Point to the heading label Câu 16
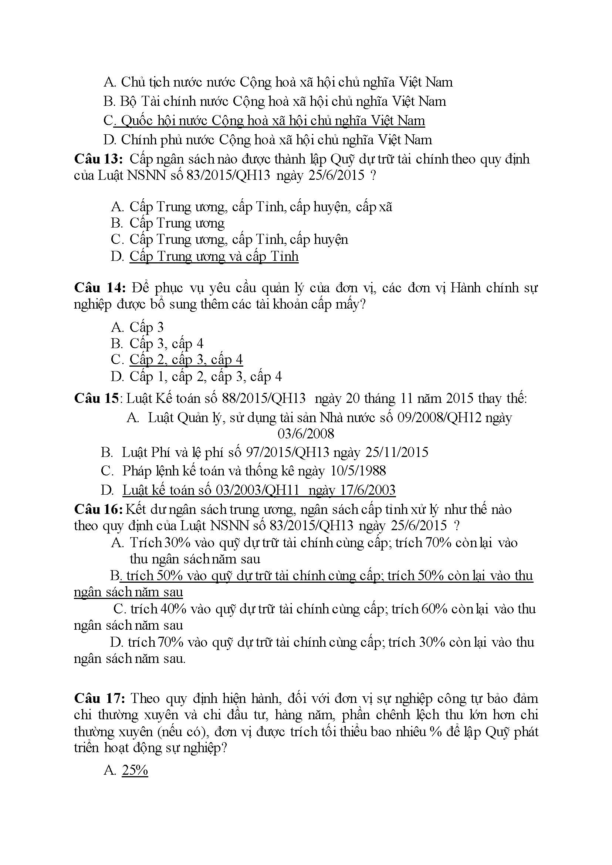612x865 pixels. (98, 509)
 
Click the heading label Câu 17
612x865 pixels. (99, 699)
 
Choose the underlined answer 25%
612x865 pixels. (135, 770)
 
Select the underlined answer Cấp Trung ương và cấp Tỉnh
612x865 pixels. (214, 256)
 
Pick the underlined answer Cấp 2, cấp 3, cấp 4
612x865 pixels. (186, 360)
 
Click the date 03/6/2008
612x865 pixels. (305, 434)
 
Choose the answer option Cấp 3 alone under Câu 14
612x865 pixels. (146, 327)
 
